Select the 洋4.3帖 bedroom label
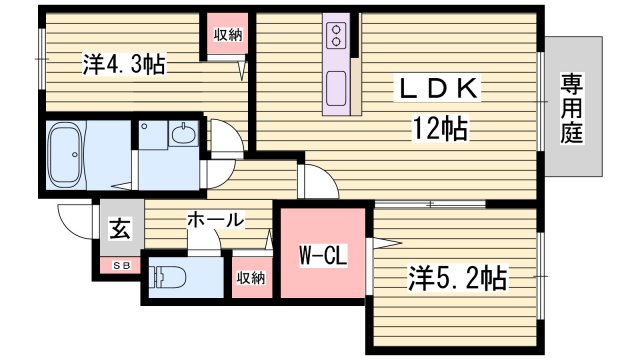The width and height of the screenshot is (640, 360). [124, 66]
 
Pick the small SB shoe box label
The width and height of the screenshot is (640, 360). [120, 265]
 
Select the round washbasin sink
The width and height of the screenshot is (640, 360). [183, 134]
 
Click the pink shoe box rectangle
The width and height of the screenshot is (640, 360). [120, 265]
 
